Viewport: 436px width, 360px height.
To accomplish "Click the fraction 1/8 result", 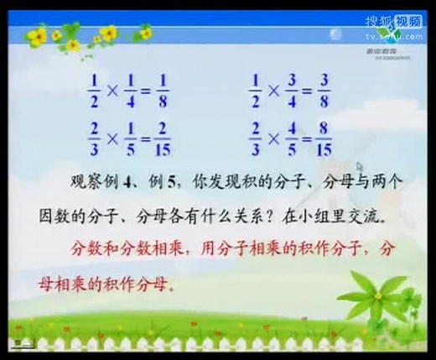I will (x=163, y=87).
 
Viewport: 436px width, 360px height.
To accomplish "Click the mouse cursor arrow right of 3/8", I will (x=359, y=169).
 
